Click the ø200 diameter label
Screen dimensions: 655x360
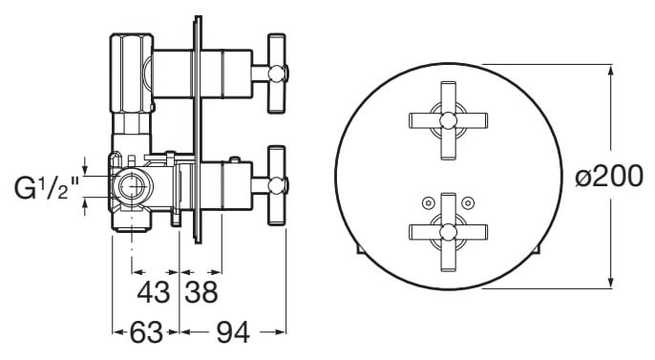coord(608,176)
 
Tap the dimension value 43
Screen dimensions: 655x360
coord(154,291)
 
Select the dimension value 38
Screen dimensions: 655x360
coord(201,291)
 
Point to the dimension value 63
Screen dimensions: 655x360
coord(146,332)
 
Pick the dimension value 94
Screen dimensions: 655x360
coord(233,332)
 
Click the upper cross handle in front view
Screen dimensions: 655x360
coord(448,120)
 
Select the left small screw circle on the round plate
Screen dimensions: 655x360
coord(427,203)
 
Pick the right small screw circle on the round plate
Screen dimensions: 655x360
coord(469,203)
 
